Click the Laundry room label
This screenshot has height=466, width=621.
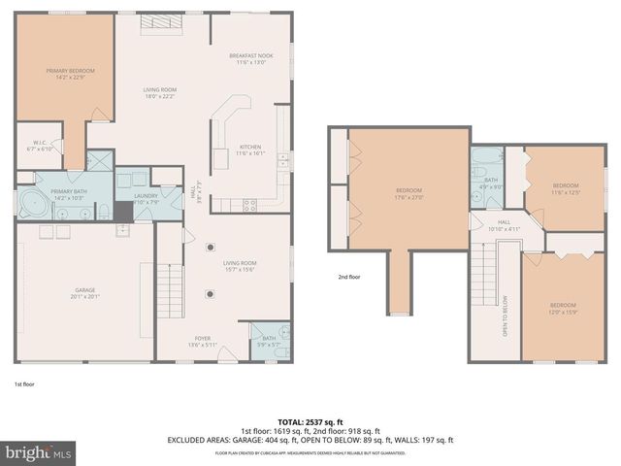coord(146,196)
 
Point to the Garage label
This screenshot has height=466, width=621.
coord(84,290)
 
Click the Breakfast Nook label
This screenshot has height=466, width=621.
coord(250,56)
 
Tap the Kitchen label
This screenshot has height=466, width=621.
coord(249,145)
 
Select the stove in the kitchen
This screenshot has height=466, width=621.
coord(249,205)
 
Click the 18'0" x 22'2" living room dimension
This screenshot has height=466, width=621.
coord(159,96)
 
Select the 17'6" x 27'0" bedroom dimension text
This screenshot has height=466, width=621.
coord(409,196)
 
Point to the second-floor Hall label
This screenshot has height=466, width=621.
coord(504,222)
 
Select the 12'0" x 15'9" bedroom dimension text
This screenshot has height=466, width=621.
coord(563,312)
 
